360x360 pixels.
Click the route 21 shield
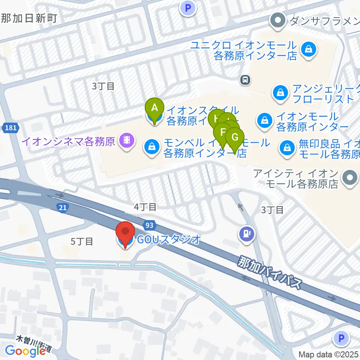coord(62,207)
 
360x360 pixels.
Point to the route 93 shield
coord(149,225)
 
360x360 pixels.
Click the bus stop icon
coord(246,79)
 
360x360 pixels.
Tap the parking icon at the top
coord(188,8)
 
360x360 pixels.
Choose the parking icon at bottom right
coord(341,339)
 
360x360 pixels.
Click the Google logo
coord(25,351)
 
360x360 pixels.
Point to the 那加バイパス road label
coord(269,272)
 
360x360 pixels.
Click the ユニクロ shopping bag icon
coord(308,48)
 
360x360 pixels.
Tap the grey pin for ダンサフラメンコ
coord(278,21)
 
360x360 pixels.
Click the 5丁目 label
coord(82,241)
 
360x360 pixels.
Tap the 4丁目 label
coord(145,206)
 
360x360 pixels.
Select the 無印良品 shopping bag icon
coord(287,147)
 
